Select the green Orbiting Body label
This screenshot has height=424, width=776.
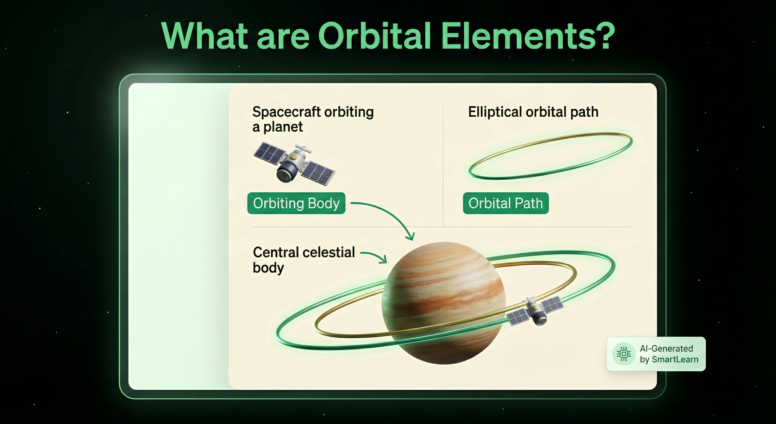(x=296, y=203)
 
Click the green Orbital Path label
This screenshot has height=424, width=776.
(x=506, y=203)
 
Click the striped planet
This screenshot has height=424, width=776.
(x=444, y=303)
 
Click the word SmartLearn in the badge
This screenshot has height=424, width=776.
(x=675, y=359)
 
